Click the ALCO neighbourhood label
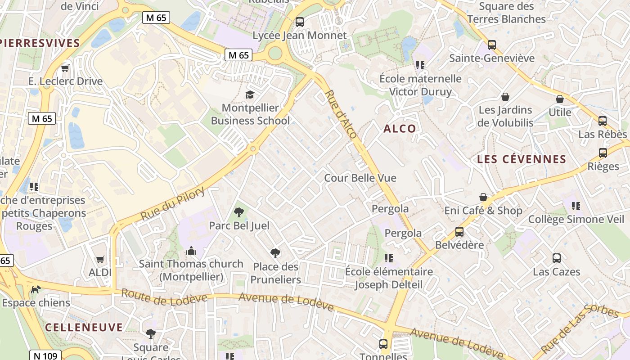coord(400,129)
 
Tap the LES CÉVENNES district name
coord(522,159)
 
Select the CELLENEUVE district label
coord(84,327)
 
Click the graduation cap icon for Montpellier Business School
coord(250,94)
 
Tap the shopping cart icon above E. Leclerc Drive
coord(65,68)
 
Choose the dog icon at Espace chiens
coord(36,289)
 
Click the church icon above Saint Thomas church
coord(191,250)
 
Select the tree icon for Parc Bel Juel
coord(239,212)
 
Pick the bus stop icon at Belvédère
coord(459,232)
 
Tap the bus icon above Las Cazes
coord(557,258)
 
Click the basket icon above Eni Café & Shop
coord(483,197)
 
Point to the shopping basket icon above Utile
coord(560,99)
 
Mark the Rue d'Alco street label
coord(341,114)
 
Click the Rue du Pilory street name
coord(173,204)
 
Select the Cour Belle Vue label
coord(360,178)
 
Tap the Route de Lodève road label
coord(164,297)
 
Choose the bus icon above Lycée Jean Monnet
coord(299,22)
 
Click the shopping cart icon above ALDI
coord(100,259)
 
